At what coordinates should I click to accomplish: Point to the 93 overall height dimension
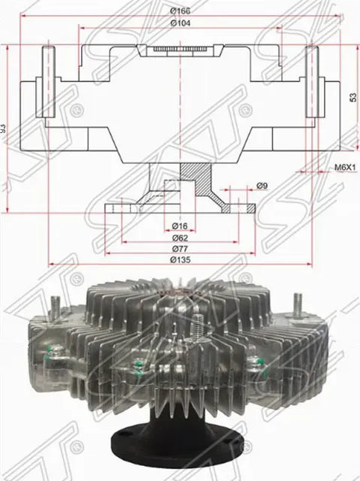tap(5, 128)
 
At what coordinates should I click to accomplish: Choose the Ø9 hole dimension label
tap(262, 186)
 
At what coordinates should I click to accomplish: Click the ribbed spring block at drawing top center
tap(180, 50)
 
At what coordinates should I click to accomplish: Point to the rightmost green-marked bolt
tap(260, 367)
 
